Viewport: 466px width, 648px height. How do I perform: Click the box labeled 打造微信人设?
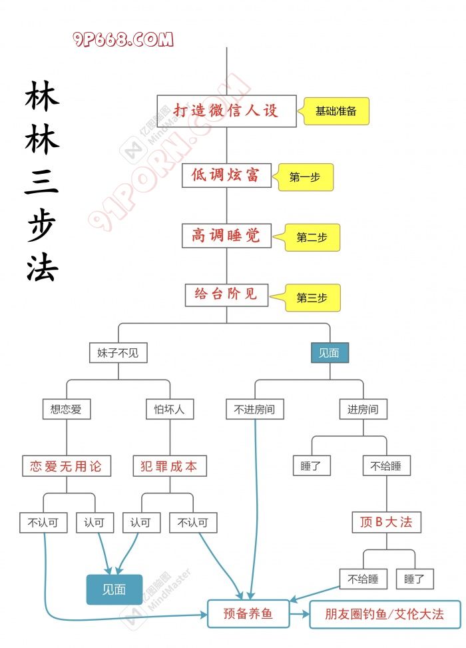[x=226, y=111]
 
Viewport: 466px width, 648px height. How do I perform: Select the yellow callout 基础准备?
[x=336, y=111]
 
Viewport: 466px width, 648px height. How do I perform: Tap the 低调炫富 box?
[x=226, y=176]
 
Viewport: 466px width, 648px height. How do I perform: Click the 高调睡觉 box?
[x=226, y=235]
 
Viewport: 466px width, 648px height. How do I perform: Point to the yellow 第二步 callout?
[x=313, y=238]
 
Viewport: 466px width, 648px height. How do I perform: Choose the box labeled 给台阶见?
[x=226, y=294]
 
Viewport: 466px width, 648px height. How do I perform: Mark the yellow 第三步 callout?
[x=313, y=298]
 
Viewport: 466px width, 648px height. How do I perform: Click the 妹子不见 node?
[x=118, y=353]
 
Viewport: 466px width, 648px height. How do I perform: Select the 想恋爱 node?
[x=66, y=410]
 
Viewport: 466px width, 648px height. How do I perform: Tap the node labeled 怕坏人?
[x=170, y=410]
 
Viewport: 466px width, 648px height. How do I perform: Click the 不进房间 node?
[x=255, y=410]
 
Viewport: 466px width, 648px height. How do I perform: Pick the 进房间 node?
[x=363, y=410]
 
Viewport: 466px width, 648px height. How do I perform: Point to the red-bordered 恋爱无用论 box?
[x=66, y=466]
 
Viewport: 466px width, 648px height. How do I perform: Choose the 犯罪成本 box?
[x=170, y=466]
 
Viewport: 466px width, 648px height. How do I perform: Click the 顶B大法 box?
[x=386, y=522]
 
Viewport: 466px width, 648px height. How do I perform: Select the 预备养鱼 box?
[x=248, y=613]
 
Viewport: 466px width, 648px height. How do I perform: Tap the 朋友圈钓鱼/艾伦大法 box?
[x=385, y=613]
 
